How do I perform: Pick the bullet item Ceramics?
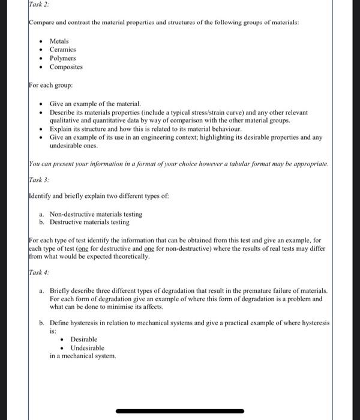point(63,49)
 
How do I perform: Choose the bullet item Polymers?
point(63,58)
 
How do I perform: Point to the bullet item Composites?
point(66,67)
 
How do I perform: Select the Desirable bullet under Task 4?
point(84,339)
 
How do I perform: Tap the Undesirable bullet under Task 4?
point(88,347)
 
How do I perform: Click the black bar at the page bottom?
point(180,411)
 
